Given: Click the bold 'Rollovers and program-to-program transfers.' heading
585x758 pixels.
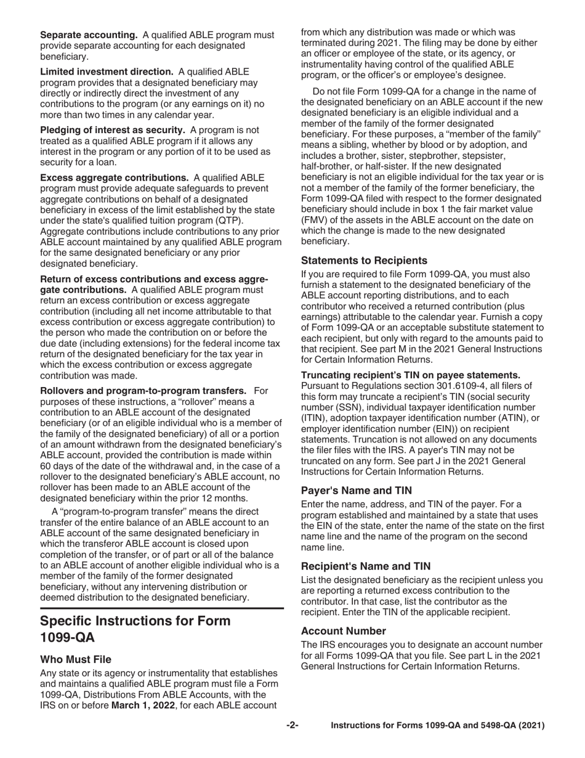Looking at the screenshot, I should [143, 390].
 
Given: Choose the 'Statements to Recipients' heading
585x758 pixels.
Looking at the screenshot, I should [364, 260].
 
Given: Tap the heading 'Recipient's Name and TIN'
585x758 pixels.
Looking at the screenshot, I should [366, 566].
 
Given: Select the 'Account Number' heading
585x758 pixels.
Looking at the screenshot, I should [344, 630].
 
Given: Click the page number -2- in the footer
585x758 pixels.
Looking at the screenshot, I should [292, 725].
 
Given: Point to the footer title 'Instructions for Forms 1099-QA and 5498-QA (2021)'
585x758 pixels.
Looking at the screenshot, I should [438, 725].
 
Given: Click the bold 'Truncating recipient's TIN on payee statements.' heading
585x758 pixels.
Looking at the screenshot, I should [411, 375].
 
